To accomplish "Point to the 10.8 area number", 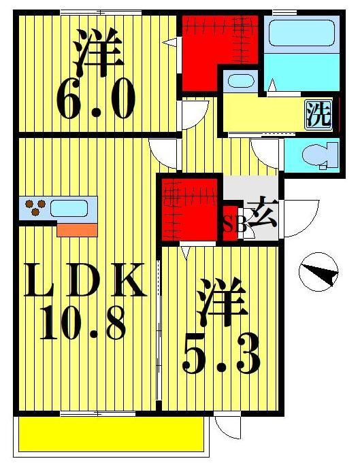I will pyautogui.click(x=84, y=325).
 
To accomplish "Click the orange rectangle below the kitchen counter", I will pyautogui.click(x=77, y=229).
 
